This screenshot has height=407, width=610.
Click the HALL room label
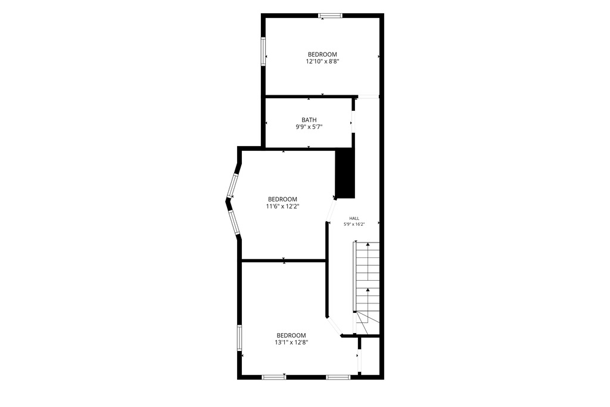(354, 218)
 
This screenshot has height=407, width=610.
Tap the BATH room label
(309, 120)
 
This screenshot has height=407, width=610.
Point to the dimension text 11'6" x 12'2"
(282, 207)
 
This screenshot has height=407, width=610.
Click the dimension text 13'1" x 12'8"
(291, 343)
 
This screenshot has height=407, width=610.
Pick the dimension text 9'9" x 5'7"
(309, 126)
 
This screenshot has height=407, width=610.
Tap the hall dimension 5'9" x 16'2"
(354, 224)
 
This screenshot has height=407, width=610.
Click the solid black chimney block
(345, 174)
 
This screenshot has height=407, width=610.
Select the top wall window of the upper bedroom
(330, 15)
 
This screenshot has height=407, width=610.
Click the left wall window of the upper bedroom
(263, 51)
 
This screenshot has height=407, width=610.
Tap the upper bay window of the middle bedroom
(234, 185)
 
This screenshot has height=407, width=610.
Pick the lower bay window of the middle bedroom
(234, 223)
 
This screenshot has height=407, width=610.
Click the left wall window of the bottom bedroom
(239, 338)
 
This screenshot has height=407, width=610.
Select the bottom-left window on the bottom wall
(274, 377)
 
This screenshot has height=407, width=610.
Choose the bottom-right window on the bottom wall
(338, 377)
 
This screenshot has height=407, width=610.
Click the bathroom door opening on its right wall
(353, 123)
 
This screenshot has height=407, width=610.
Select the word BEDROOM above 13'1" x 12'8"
(291, 335)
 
